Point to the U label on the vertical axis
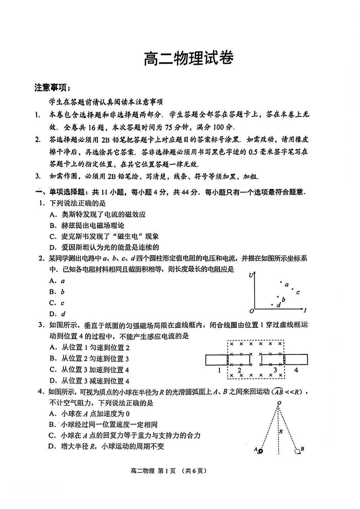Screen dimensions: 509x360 (251, 275)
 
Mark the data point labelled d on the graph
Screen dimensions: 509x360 (272, 305)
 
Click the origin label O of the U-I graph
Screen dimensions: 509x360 (252, 311)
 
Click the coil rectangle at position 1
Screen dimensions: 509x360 (216, 359)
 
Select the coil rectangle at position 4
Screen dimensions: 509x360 (296, 359)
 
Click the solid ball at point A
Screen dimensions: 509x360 (261, 451)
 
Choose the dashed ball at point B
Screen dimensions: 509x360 (297, 451)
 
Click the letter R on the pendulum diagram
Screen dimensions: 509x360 (281, 431)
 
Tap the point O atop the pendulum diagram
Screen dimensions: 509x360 (279, 402)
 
